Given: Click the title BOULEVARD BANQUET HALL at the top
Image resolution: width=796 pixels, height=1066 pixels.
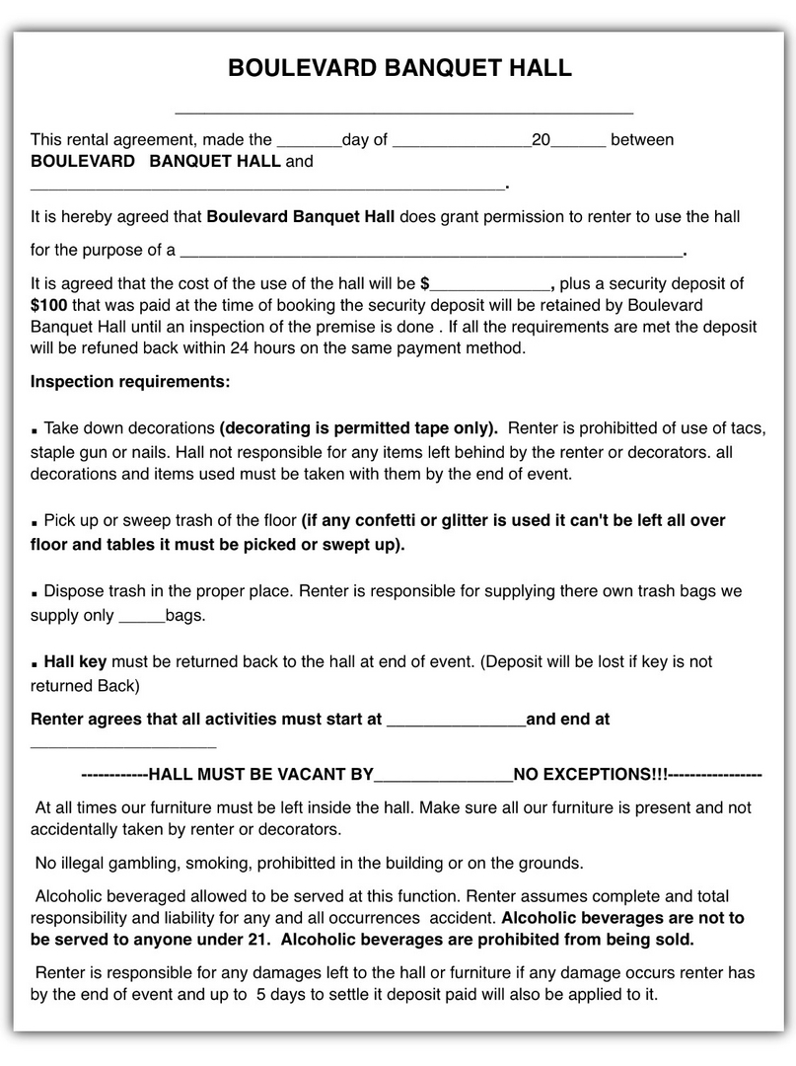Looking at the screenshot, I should tap(399, 68).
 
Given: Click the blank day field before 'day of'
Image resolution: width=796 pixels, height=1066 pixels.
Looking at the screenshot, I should tap(309, 141).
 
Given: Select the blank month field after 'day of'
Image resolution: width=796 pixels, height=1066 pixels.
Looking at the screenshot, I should tap(462, 141).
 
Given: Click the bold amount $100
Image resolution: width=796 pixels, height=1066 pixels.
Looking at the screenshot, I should tap(48, 306).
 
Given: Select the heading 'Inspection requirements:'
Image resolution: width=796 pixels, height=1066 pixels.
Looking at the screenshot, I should tap(130, 381).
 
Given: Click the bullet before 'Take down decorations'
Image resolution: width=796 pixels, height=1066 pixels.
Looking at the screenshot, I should tap(35, 431).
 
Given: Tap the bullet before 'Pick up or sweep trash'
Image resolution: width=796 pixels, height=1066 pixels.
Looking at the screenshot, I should tap(35, 522).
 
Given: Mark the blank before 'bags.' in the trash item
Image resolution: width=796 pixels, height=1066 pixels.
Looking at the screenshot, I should tap(141, 617).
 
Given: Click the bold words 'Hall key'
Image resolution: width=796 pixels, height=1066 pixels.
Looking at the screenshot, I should tap(75, 661).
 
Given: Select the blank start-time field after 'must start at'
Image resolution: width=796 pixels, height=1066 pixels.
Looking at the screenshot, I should tap(456, 721).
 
